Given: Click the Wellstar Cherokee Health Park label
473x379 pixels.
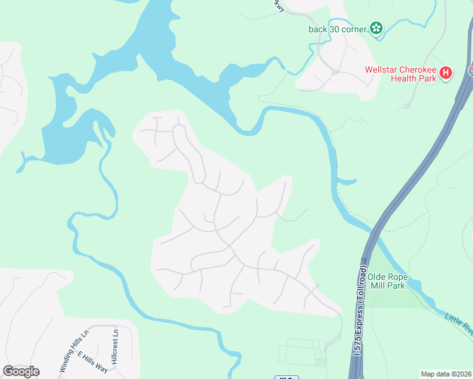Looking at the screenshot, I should tap(400, 74).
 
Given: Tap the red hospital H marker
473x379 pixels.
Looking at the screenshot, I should tap(446, 73).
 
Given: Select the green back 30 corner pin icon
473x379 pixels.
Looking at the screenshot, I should tap(376, 28).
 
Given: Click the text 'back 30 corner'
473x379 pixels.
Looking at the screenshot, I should tap(338, 28).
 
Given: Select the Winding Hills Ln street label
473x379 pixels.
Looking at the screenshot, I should tap(72, 351).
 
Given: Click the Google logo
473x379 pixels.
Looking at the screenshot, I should tap(21, 371).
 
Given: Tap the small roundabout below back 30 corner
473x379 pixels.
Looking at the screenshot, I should tap(336, 72).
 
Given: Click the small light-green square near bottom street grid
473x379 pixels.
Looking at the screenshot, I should tap(321, 363).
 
